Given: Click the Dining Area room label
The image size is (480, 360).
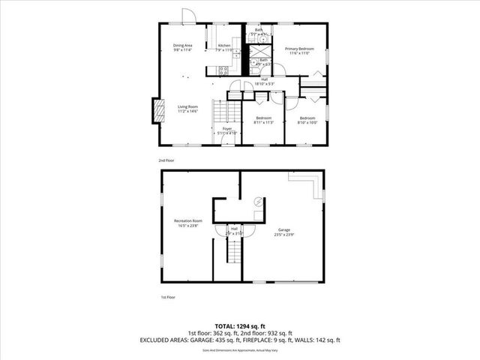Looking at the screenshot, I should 183,47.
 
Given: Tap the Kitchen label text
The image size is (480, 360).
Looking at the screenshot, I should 224,47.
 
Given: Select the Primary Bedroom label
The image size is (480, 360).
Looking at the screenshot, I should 299,50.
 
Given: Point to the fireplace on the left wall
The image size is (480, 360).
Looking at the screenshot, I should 157,111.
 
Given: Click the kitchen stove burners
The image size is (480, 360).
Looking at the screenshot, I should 223,70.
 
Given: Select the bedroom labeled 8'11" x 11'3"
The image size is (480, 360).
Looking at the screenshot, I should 263,120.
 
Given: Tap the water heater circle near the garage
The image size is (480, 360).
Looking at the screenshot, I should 257,201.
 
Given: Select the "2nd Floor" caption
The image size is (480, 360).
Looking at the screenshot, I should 166,160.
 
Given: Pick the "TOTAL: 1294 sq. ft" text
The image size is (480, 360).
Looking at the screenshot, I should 239,327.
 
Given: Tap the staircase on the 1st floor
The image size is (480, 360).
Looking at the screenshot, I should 235,253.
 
